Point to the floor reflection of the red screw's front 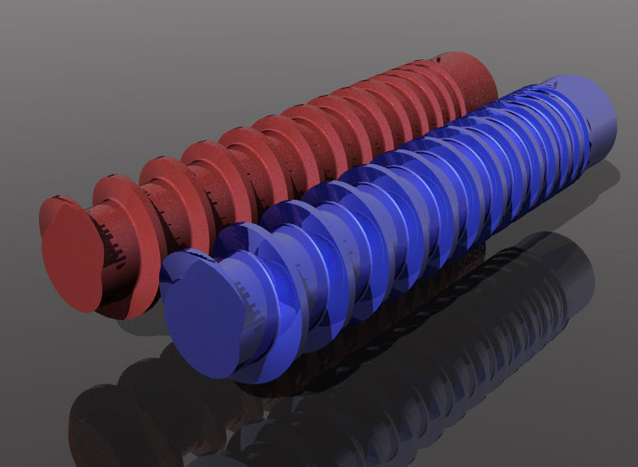point(106,414)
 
